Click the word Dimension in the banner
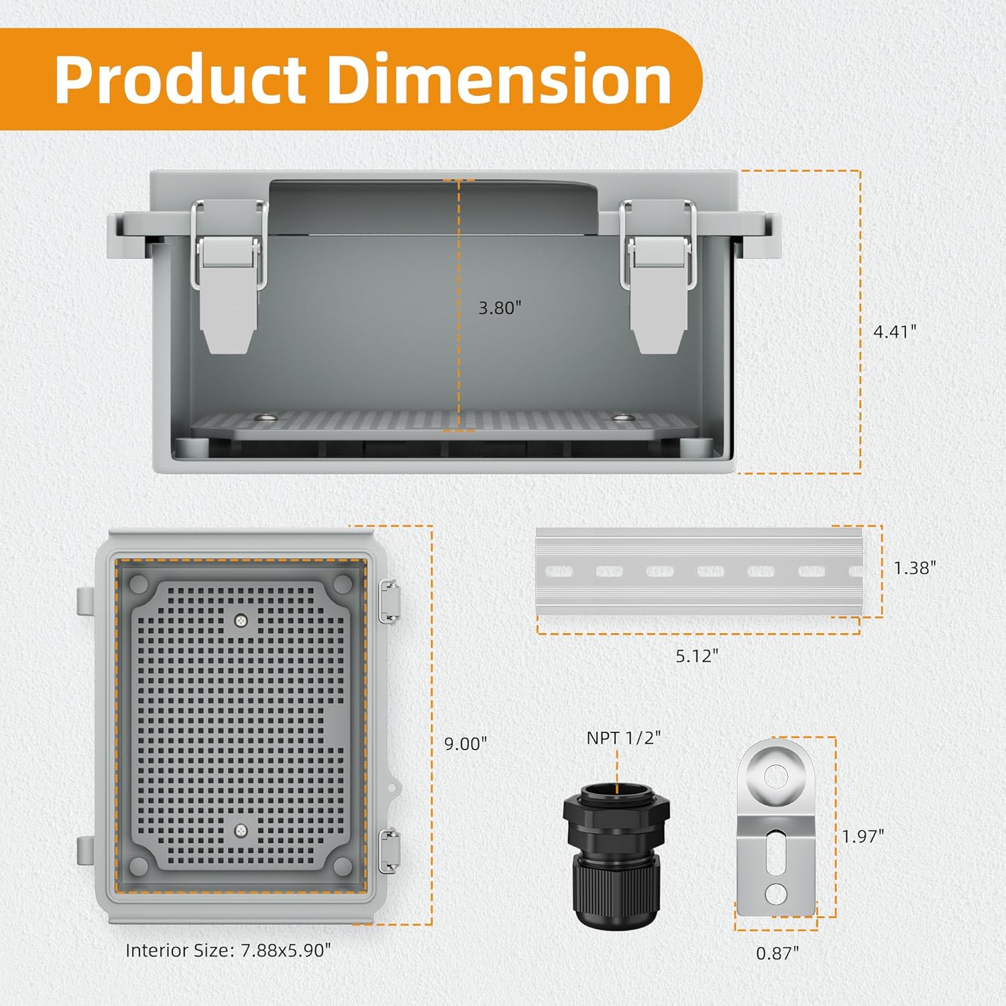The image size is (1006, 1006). click(500, 80)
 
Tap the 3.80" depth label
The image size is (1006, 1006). click(500, 308)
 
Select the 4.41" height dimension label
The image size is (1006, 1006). click(895, 331)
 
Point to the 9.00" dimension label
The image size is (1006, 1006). click(465, 744)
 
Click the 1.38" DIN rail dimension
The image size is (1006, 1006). click(915, 568)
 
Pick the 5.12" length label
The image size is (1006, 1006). click(697, 656)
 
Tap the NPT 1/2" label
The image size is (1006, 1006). click(623, 738)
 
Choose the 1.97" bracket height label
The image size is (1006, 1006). click(863, 836)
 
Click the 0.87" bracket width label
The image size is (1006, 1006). click(777, 953)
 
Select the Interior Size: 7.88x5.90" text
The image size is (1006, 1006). click(228, 950)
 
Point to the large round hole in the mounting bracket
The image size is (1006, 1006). click(777, 777)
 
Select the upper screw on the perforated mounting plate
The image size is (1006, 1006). click(241, 621)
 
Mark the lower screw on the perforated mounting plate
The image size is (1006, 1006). click(241, 831)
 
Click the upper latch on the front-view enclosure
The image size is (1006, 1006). click(390, 601)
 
